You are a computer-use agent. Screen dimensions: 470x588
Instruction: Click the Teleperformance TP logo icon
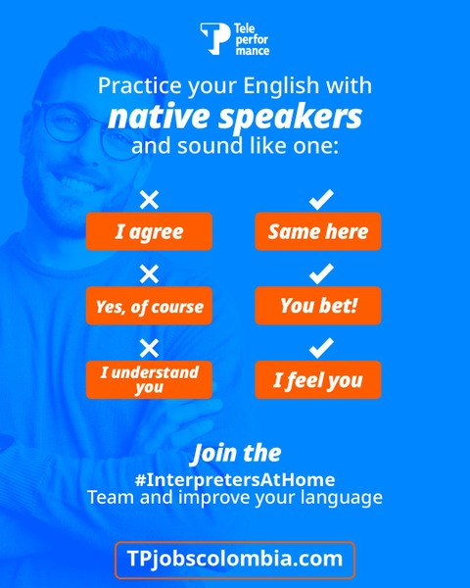(215, 38)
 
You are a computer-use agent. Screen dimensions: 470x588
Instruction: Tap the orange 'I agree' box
(149, 231)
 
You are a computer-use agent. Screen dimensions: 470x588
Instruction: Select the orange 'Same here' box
(318, 231)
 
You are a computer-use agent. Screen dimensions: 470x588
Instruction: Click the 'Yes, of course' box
(149, 305)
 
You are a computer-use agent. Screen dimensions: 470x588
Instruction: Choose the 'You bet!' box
(318, 305)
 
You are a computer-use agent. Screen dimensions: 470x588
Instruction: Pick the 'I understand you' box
(149, 379)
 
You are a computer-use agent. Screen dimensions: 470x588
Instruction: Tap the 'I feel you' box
(318, 379)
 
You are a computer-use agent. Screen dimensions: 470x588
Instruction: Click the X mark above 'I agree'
(149, 200)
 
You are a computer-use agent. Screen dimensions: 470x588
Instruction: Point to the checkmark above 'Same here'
(321, 199)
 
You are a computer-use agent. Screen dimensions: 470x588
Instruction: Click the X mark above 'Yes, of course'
(149, 273)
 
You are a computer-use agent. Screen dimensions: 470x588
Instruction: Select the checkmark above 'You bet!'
(321, 273)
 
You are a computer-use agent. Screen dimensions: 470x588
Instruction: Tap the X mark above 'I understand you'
(149, 348)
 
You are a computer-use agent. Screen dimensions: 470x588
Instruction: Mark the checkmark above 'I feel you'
(321, 348)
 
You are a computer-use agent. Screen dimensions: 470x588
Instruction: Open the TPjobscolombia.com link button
(235, 560)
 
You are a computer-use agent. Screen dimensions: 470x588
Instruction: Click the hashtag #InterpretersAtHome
(235, 479)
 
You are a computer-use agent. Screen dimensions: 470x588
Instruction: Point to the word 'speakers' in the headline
(290, 117)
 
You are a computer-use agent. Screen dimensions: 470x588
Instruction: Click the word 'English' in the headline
(281, 86)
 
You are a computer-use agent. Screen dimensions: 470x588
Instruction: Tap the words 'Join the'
(236, 454)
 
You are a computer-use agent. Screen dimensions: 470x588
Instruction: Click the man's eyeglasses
(86, 127)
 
